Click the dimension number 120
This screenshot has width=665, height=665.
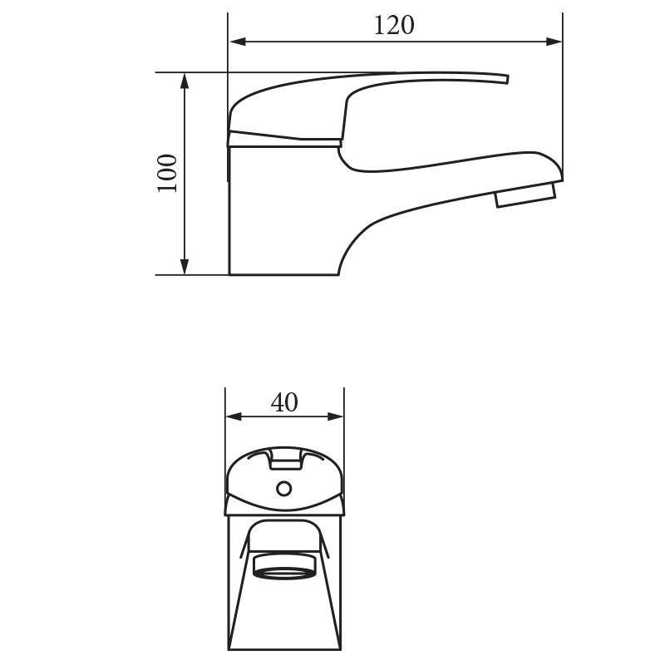pyautogui.click(x=394, y=26)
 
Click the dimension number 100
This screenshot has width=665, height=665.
pyautogui.click(x=167, y=173)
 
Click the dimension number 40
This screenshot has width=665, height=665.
pyautogui.click(x=284, y=402)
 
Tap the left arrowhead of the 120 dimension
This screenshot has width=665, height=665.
pyautogui.click(x=238, y=42)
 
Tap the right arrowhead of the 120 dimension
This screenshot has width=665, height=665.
pyautogui.click(x=554, y=42)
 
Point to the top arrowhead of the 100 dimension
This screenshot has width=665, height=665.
pyautogui.click(x=185, y=81)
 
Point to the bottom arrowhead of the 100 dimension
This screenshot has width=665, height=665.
pyautogui.click(x=185, y=266)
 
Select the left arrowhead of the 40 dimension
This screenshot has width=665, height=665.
pyautogui.click(x=234, y=416)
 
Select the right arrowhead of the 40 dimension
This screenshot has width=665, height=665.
pyautogui.click(x=336, y=416)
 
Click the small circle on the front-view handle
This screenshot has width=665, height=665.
pyautogui.click(x=283, y=489)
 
